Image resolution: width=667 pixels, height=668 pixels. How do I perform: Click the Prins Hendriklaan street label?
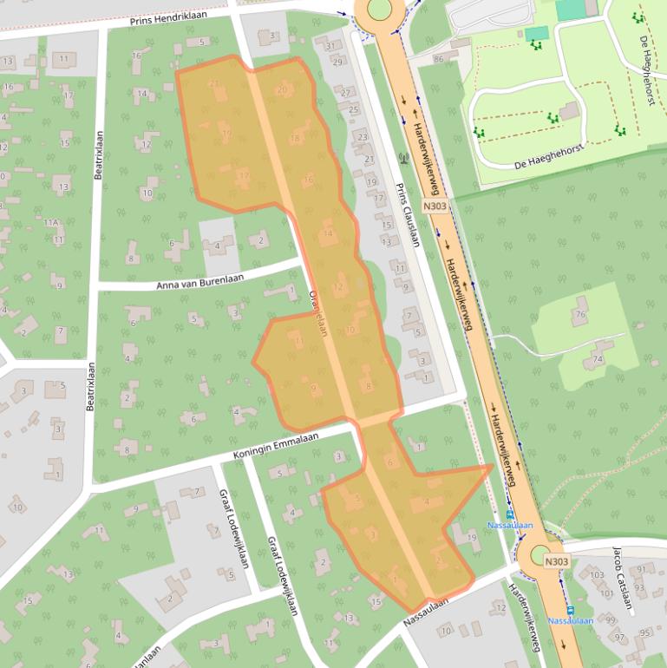tap(170, 19)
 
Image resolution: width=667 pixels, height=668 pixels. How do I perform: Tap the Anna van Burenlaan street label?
tap(199, 280)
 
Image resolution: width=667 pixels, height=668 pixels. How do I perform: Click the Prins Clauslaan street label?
tap(407, 215)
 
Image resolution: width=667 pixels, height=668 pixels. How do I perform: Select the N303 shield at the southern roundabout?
tap(557, 562)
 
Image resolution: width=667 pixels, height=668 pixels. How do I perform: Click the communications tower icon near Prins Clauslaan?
tap(402, 159)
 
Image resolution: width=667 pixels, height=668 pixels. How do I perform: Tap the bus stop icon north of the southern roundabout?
tap(510, 514)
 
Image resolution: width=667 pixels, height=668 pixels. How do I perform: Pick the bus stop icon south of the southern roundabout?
tap(570, 610)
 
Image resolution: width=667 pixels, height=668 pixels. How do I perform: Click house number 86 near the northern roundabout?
tap(438, 59)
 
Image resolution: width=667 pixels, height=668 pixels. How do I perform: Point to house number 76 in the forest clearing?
tap(579, 313)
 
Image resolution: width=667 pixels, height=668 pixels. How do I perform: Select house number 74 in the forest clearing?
tap(597, 358)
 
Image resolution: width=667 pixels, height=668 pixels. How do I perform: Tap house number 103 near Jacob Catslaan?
tap(596, 575)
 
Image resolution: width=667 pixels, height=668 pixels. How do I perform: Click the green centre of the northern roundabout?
tap(379, 9)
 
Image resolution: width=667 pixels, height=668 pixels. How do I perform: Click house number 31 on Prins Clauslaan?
tap(330, 46)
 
